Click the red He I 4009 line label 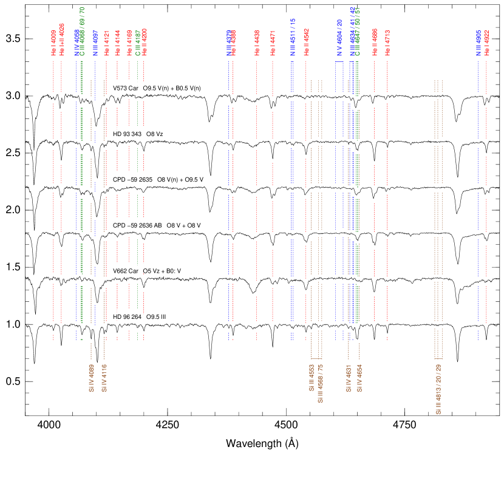[x=53, y=43]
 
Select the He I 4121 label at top [x=106, y=43]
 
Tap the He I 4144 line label [x=118, y=43]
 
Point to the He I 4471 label [x=273, y=43]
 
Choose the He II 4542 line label [x=307, y=43]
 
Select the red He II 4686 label [x=375, y=43]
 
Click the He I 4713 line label [x=387, y=43]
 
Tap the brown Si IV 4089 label [x=91, y=377]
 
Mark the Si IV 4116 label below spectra [x=104, y=377]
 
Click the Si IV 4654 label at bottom [x=360, y=377]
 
